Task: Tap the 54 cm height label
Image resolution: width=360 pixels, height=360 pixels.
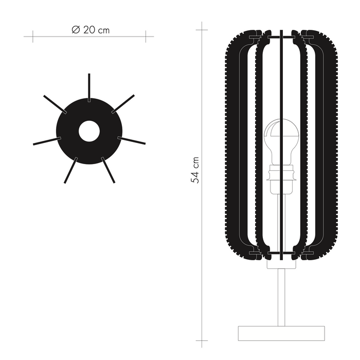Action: [195, 170]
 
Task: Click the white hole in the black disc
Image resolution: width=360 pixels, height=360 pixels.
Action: [89, 131]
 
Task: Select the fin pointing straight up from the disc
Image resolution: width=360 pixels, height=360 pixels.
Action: [89, 84]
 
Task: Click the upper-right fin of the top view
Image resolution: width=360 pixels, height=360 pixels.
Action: [123, 103]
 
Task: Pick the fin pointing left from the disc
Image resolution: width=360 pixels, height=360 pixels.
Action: [46, 141]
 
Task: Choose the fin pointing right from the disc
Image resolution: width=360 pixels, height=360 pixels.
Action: [132, 140]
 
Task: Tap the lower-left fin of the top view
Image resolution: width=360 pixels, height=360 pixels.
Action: [70, 170]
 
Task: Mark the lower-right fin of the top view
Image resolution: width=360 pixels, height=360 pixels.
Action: [108, 170]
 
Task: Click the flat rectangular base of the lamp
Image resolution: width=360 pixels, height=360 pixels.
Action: [282, 333]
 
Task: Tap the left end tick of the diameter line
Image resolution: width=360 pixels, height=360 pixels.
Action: [32, 36]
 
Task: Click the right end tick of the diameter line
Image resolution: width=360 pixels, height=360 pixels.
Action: [146, 36]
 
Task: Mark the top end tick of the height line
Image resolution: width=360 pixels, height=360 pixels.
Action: [202, 28]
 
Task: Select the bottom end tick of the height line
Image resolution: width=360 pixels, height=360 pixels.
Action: [202, 340]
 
